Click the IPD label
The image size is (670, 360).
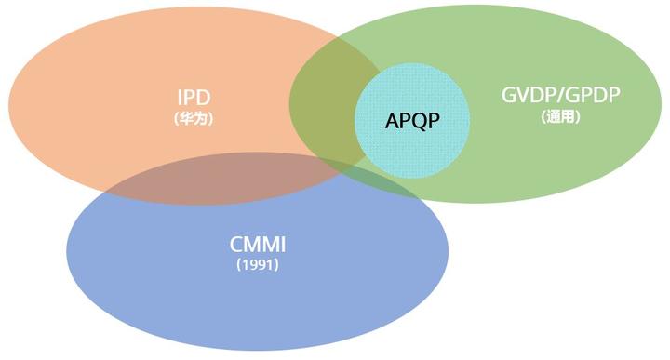pos(193,98)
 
